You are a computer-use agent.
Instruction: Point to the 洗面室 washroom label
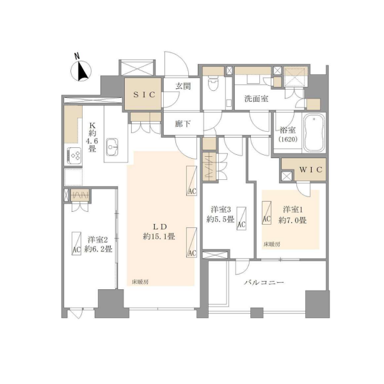[x=255, y=99]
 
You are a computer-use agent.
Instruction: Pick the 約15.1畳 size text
[x=160, y=236]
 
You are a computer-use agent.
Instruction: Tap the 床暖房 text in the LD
[x=141, y=281]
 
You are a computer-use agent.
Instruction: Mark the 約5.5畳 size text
[x=218, y=220]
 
